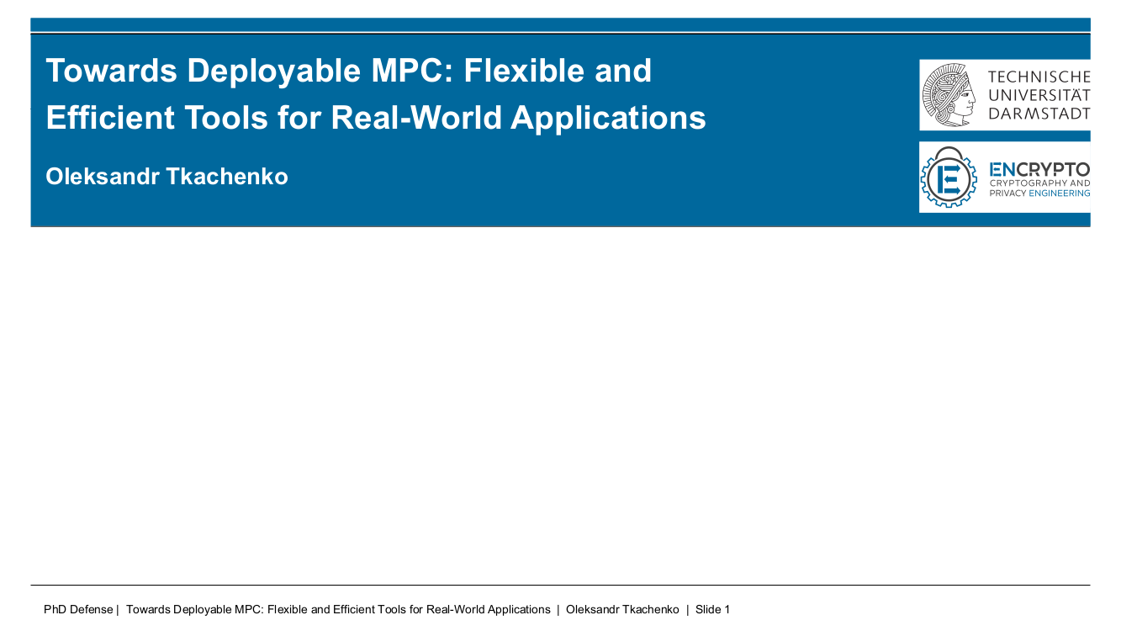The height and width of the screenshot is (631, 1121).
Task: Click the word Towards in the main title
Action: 111,71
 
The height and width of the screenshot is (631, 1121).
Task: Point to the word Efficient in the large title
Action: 109,118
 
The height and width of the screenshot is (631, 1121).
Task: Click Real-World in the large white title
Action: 416,118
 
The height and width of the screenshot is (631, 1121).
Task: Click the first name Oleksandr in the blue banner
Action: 103,177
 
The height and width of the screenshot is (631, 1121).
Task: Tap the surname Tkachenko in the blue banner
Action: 227,177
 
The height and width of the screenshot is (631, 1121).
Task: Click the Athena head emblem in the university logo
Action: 949,94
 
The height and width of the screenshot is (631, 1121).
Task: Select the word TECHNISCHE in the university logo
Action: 1039,77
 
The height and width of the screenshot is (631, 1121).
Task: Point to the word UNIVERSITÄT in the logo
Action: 1039,94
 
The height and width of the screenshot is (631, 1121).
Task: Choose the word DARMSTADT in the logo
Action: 1039,114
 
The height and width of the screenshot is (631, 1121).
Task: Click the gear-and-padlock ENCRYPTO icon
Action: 949,177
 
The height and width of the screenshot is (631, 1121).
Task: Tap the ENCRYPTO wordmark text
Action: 1039,170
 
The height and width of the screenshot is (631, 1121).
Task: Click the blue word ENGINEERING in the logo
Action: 1059,194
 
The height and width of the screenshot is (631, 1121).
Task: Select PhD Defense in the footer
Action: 78,609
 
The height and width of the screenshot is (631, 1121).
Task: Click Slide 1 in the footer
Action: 712,609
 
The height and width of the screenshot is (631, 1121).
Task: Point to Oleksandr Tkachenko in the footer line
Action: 622,609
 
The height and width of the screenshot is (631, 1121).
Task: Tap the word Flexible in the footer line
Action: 288,609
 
